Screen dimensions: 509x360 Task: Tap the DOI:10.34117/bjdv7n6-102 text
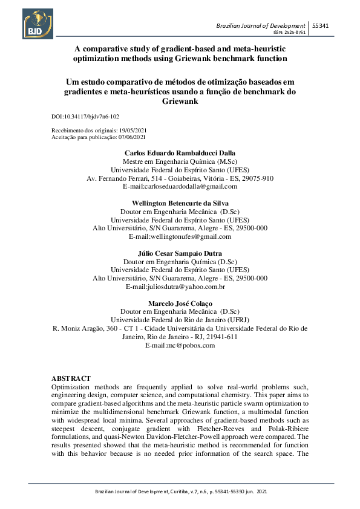pyautogui.click(x=90, y=115)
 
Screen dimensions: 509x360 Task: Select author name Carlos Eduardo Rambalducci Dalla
pyautogui.click(x=180, y=154)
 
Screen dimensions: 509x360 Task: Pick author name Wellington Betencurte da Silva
pyautogui.click(x=180, y=203)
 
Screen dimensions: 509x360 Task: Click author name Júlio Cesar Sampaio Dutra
pyautogui.click(x=180, y=253)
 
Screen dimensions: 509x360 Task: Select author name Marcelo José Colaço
pyautogui.click(x=180, y=303)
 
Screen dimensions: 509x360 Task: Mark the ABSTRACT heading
pyautogui.click(x=71, y=378)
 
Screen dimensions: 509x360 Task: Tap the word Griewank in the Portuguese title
pyautogui.click(x=180, y=102)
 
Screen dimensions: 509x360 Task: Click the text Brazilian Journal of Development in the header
pyautogui.click(x=260, y=25)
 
